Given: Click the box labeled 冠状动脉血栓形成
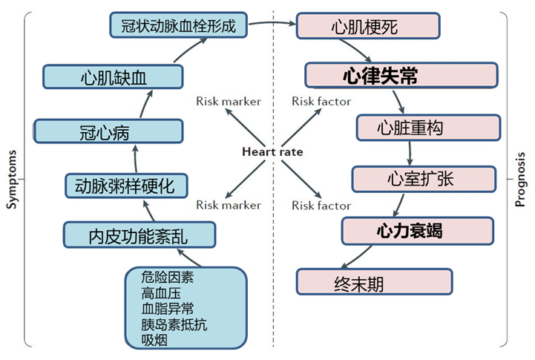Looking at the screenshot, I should pos(178,26).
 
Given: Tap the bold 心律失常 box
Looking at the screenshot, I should pos(401,76).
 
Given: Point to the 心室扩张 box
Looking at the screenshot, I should pos(422,179).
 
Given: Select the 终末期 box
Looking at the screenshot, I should pos(374,281).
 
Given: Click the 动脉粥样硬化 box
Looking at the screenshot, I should pos(125,185).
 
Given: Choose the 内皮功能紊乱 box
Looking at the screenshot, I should pos(140,236).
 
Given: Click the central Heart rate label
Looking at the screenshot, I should pos(272,151).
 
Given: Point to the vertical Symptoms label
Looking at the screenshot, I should pos(12,180).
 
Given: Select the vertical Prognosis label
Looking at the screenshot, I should pos(522,180).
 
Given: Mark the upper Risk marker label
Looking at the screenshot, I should pos(229,101).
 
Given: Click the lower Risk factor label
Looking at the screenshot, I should pos(319,205).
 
